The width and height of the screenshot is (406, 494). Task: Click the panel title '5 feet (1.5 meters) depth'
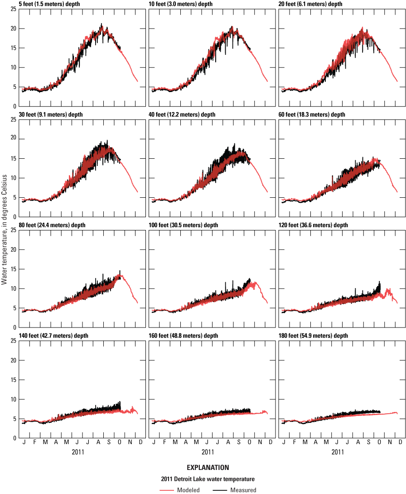(51, 4)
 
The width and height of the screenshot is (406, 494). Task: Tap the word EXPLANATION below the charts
(208, 467)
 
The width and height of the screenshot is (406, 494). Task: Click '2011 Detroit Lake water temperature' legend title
(208, 479)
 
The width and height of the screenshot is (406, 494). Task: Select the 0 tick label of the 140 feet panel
(15, 438)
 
